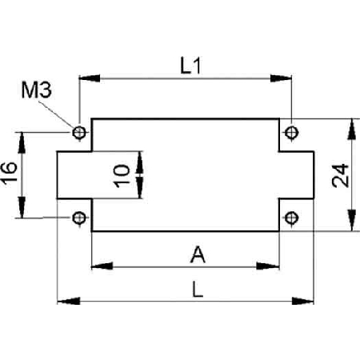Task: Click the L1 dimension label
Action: click(190, 66)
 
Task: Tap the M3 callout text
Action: click(37, 90)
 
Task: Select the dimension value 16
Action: click(9, 174)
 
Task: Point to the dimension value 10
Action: click(122, 176)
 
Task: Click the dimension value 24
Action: click(340, 176)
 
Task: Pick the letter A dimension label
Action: click(198, 255)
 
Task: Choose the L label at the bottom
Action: click(198, 290)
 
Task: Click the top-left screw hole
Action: click(79, 132)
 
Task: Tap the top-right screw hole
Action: click(291, 132)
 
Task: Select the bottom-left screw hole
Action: click(79, 218)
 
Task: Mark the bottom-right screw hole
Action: click(291, 218)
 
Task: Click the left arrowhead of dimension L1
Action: click(90, 78)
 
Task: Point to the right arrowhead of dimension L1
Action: click(281, 78)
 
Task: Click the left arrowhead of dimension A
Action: click(102, 266)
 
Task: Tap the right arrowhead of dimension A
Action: click(268, 266)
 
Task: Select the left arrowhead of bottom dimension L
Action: click(69, 301)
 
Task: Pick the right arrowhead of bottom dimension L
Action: click(302, 301)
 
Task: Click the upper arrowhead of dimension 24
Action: click(352, 129)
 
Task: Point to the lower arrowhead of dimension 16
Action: click(22, 207)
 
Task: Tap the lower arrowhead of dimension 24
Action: click(352, 220)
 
